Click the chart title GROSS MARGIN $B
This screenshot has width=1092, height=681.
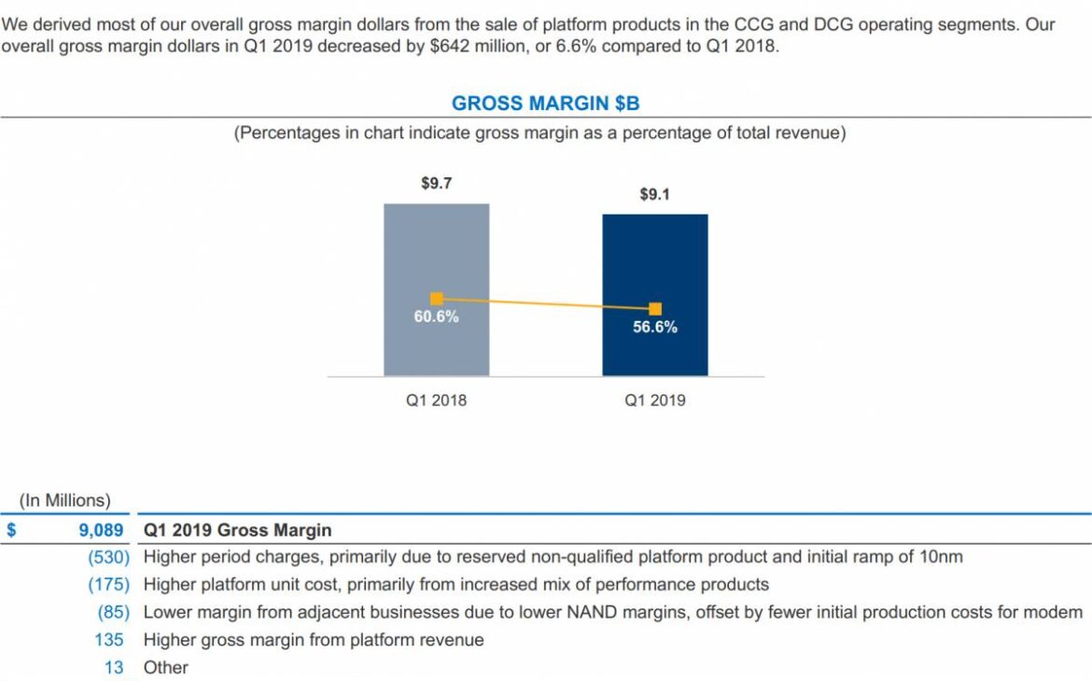pyautogui.click(x=545, y=104)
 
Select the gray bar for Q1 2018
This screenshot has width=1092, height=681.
pyautogui.click(x=436, y=252)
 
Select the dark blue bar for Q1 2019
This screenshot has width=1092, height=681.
pyautogui.click(x=655, y=261)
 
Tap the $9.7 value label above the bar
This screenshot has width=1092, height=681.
pyautogui.click(x=436, y=184)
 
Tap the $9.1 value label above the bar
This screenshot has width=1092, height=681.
pyautogui.click(x=655, y=194)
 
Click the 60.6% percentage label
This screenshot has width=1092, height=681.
pyautogui.click(x=436, y=316)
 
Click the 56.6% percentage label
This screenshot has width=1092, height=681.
pyautogui.click(x=655, y=327)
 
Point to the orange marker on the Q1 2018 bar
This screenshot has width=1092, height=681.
pyautogui.click(x=436, y=299)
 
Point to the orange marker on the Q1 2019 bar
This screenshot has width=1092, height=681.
pyautogui.click(x=655, y=309)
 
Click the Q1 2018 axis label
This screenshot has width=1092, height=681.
pyautogui.click(x=436, y=400)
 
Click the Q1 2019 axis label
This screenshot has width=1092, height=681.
pyautogui.click(x=655, y=400)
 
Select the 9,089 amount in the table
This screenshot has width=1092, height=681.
pyautogui.click(x=101, y=530)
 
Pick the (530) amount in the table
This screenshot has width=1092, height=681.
pyautogui.click(x=108, y=557)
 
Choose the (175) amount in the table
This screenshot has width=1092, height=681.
pyautogui.click(x=108, y=585)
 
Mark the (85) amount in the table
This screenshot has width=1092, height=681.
pyautogui.click(x=113, y=613)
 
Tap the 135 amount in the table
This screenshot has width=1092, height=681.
pyautogui.click(x=109, y=640)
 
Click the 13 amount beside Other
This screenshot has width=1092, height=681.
pyautogui.click(x=114, y=668)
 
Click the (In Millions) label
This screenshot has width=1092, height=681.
pyautogui.click(x=64, y=500)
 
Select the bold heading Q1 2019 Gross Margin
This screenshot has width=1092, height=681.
pyautogui.click(x=237, y=530)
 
